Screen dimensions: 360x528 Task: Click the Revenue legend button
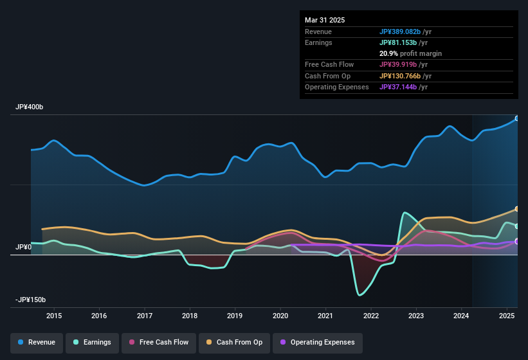(x=37, y=342)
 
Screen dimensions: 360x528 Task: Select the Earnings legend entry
(x=92, y=342)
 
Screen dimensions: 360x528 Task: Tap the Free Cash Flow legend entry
(x=159, y=342)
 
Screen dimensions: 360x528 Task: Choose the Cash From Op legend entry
(x=235, y=342)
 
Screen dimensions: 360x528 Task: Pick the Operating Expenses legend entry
(x=318, y=342)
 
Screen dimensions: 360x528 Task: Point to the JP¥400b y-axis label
(x=30, y=107)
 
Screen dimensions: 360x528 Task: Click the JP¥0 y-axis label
(x=23, y=247)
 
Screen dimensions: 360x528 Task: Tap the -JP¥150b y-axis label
(x=31, y=300)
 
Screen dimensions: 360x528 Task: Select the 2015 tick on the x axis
(x=54, y=316)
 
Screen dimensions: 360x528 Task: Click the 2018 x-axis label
(x=190, y=316)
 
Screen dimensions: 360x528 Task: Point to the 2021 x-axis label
(x=325, y=316)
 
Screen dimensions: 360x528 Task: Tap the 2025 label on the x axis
(x=507, y=316)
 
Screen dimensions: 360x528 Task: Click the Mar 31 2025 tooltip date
(x=325, y=20)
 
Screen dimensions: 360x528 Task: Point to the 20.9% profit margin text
(x=410, y=53)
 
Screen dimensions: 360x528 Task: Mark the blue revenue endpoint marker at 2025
(x=516, y=118)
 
